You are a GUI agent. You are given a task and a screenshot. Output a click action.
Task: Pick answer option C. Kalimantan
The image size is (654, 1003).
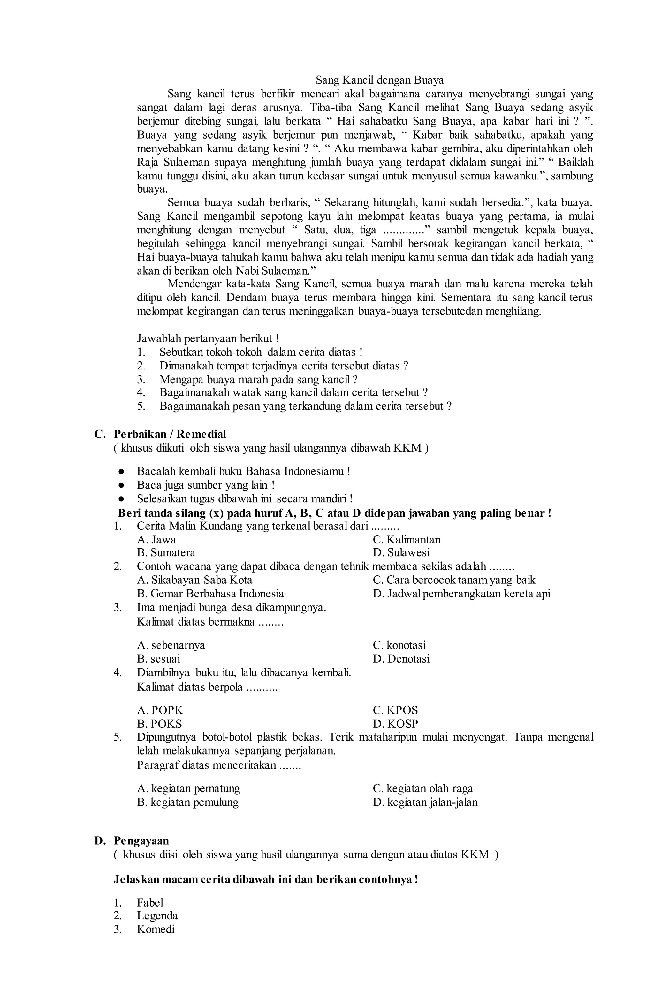click(x=406, y=539)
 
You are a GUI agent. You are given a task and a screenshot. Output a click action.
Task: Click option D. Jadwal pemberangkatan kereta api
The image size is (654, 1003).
click(x=461, y=594)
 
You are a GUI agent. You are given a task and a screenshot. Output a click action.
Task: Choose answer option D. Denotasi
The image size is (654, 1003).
click(x=401, y=659)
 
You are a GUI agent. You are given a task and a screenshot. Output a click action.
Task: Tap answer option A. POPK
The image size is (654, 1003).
click(x=160, y=710)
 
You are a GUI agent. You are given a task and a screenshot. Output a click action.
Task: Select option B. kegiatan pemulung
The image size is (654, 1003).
click(x=187, y=802)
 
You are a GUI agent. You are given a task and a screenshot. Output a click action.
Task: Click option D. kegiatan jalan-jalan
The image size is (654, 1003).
click(x=425, y=802)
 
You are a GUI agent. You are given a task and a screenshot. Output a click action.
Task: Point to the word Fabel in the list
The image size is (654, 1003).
click(x=150, y=903)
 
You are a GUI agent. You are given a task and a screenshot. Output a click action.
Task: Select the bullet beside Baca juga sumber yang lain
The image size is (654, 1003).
click(x=121, y=485)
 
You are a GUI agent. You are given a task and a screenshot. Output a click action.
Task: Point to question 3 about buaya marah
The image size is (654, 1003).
click(x=258, y=379)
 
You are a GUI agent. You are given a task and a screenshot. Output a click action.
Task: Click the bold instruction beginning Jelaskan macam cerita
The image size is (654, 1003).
click(x=265, y=880)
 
